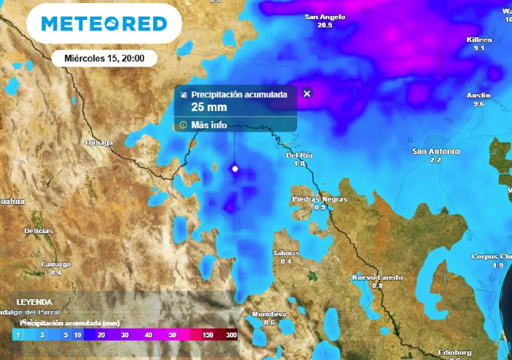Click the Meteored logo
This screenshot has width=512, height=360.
[x=104, y=23]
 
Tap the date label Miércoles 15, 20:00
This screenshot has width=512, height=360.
[x=104, y=58]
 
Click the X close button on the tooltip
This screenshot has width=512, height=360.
[x=307, y=93]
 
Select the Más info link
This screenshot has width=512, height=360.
[x=209, y=125]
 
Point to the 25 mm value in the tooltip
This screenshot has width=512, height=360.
[x=209, y=107]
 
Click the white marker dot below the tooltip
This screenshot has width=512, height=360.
[x=235, y=169]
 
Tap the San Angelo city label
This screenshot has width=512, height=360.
[x=325, y=17]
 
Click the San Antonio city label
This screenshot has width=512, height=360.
[x=435, y=151]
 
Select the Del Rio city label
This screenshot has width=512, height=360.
[x=299, y=155]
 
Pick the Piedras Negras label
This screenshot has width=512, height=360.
[x=319, y=199]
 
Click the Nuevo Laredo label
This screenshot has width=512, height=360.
[x=377, y=277]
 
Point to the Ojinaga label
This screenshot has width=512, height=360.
[x=99, y=142]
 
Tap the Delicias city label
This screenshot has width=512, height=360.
[x=38, y=231]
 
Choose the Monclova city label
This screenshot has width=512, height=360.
[x=269, y=314]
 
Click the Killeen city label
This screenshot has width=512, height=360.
[x=479, y=39]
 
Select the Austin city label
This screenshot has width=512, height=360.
[x=478, y=95]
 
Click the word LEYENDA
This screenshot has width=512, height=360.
[x=34, y=302]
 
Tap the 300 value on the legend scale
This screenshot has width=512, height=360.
[x=231, y=335]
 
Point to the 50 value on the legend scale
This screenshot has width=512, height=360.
[x=172, y=335]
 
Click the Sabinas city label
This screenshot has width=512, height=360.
[x=286, y=253]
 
